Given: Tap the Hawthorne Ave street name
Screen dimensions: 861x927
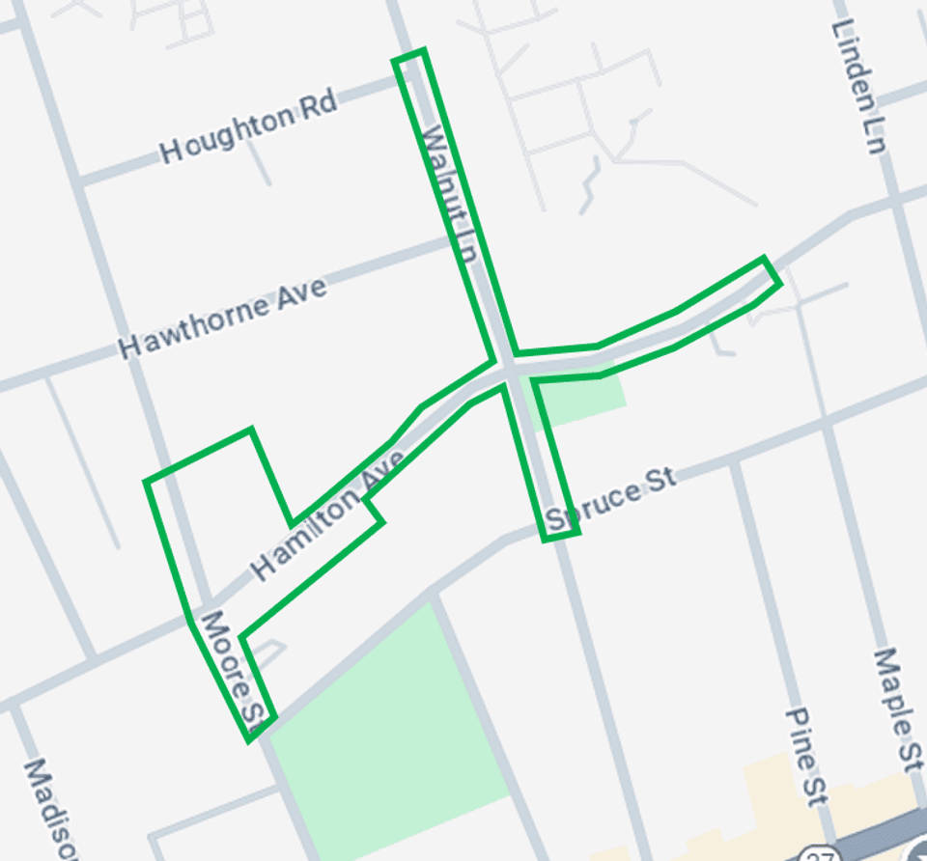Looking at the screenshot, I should click(222, 318).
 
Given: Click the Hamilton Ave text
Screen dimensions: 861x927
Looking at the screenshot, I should click(327, 517).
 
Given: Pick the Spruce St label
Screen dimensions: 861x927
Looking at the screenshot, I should click(610, 504).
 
